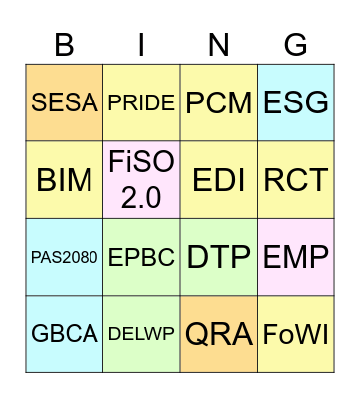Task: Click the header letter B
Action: tap(64, 45)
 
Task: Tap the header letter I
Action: tap(141, 45)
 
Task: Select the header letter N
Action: tap(219, 45)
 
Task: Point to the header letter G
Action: tap(295, 45)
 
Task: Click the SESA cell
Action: tap(64, 103)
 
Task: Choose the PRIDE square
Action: tap(141, 103)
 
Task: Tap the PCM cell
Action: tap(219, 103)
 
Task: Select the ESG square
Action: tap(295, 103)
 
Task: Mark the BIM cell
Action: tap(64, 180)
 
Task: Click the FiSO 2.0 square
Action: tap(141, 180)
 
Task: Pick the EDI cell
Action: tap(219, 180)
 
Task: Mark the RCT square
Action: tap(295, 180)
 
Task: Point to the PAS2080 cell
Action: tap(64, 258)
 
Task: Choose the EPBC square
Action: tap(141, 258)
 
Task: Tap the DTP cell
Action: tap(219, 258)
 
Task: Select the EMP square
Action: tap(295, 258)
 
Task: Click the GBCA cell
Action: tap(64, 334)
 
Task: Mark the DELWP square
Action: tap(141, 334)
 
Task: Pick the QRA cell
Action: tap(219, 334)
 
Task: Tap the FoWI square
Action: tap(295, 334)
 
